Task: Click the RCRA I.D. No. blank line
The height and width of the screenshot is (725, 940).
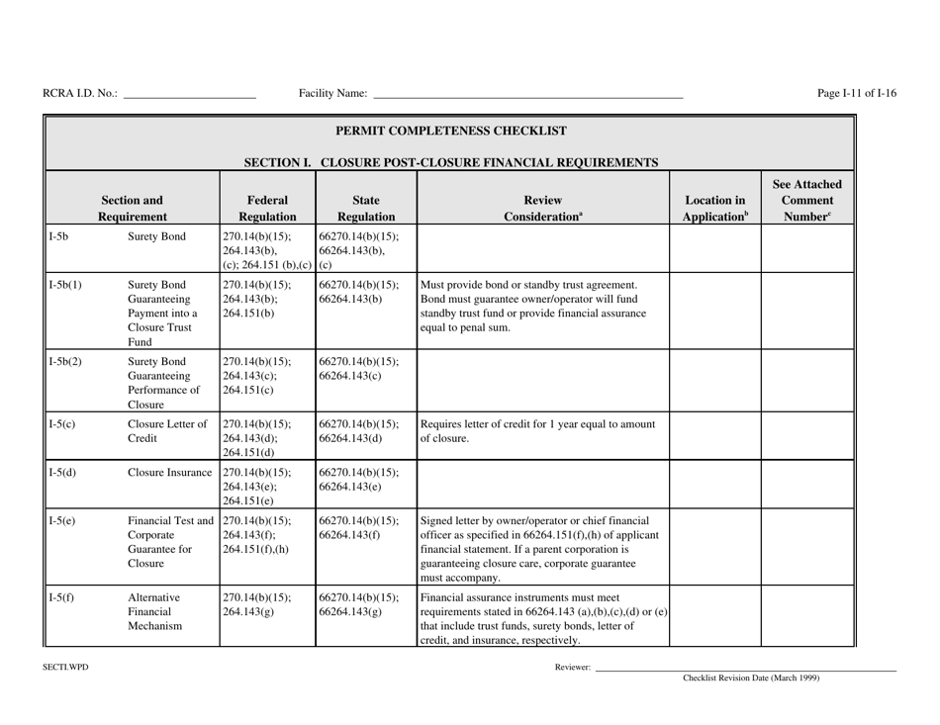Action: (x=189, y=96)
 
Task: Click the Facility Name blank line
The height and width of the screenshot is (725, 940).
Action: (x=527, y=96)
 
